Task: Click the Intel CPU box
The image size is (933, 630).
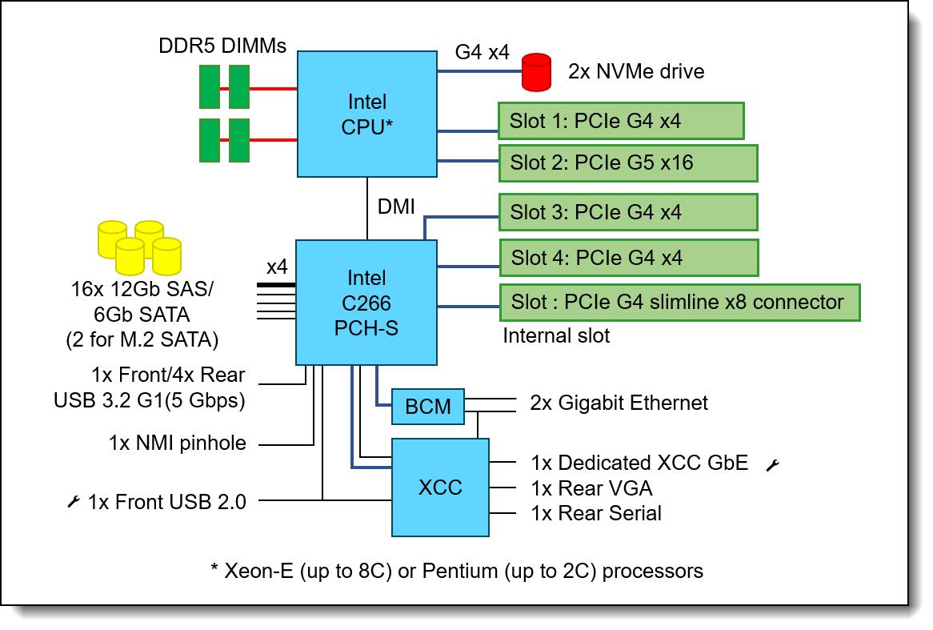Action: pyautogui.click(x=367, y=114)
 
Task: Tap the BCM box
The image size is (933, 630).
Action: pyautogui.click(x=428, y=407)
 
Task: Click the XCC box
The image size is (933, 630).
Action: pyautogui.click(x=440, y=487)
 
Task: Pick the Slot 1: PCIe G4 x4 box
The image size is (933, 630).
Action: pyautogui.click(x=621, y=121)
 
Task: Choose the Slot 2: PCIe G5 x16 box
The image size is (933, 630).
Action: pyautogui.click(x=627, y=163)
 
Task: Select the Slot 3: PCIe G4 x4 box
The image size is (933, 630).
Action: pyautogui.click(x=627, y=212)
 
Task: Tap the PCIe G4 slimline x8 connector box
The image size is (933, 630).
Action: pyautogui.click(x=679, y=303)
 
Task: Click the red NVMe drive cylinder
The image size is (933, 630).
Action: pyautogui.click(x=537, y=72)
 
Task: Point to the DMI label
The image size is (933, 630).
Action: pyautogui.click(x=396, y=207)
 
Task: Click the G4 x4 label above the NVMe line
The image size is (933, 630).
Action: pyautogui.click(x=482, y=53)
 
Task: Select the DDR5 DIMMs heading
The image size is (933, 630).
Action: pyautogui.click(x=222, y=46)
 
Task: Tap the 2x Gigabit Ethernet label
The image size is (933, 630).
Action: pyautogui.click(x=619, y=402)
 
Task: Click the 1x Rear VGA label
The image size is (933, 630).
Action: pyautogui.click(x=591, y=488)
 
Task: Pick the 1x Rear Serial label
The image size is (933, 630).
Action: pyautogui.click(x=596, y=512)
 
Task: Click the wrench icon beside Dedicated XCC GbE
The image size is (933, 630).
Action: pyautogui.click(x=772, y=464)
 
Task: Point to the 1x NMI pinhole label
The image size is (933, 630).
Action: pyautogui.click(x=178, y=443)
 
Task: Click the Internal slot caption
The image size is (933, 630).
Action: pyautogui.click(x=556, y=335)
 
